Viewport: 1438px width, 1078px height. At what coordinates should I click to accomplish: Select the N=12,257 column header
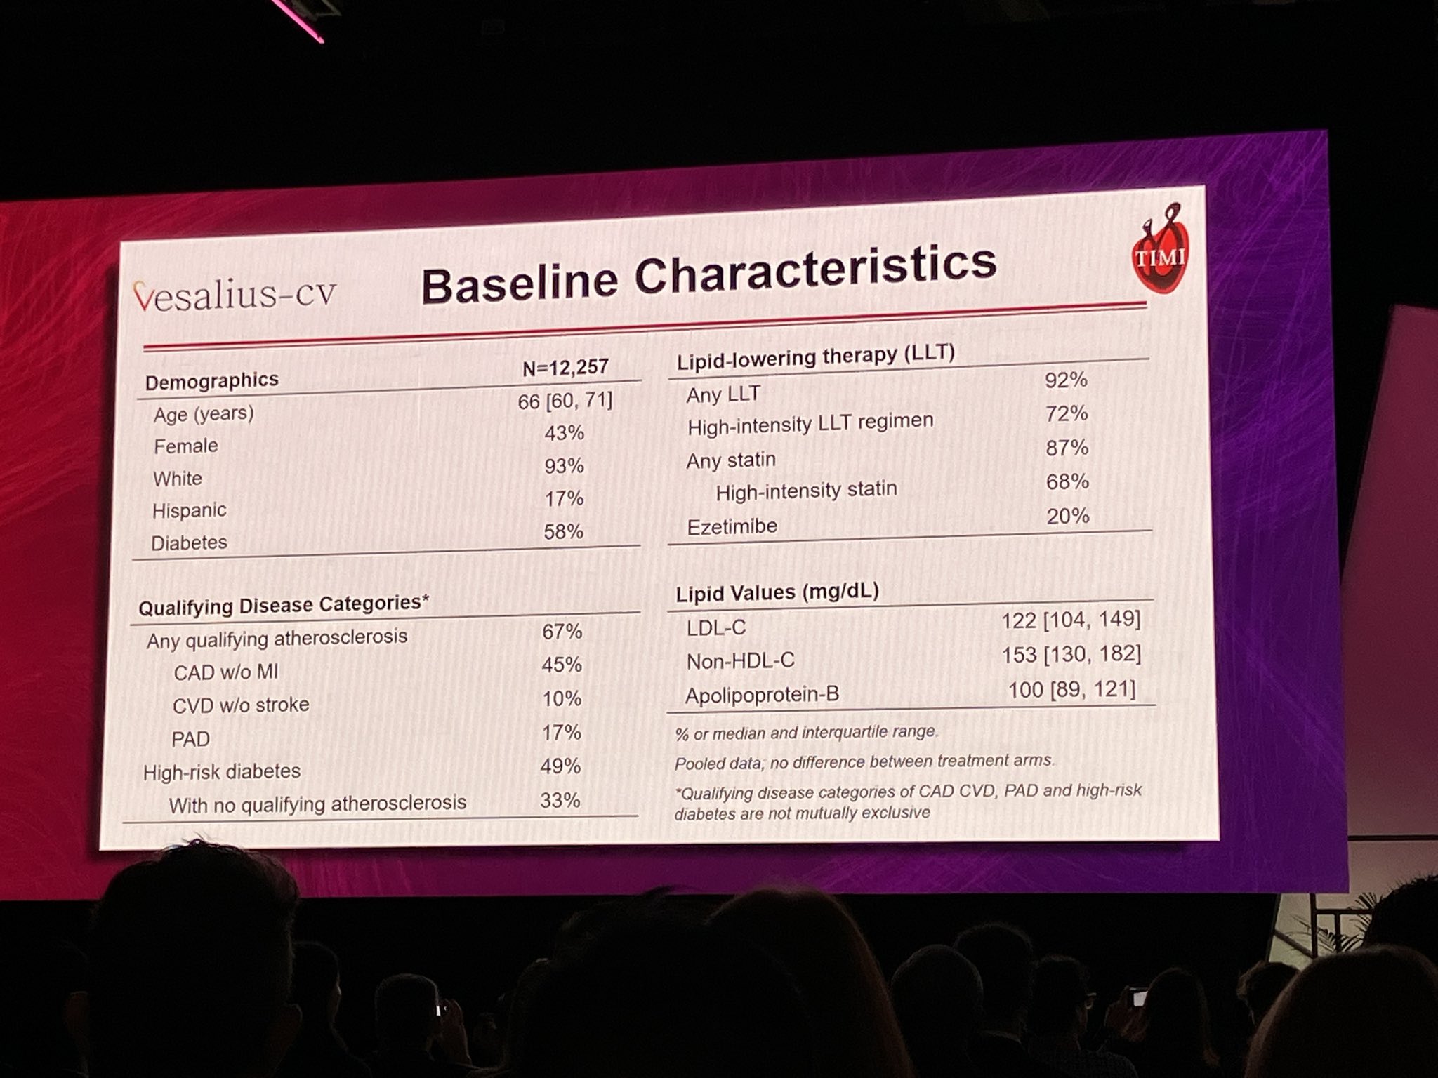coord(565,367)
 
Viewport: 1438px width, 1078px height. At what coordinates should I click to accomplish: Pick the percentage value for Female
coord(564,433)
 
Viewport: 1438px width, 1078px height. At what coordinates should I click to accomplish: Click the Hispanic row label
coord(189,510)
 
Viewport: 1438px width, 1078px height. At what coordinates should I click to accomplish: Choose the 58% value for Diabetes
coord(563,532)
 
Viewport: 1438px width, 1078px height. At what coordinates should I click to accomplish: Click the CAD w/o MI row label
coord(225,672)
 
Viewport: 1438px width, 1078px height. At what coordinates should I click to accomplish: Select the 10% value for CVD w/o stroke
coord(561,699)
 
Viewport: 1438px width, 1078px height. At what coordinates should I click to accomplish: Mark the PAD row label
coord(190,739)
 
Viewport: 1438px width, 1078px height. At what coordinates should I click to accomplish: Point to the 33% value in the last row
coord(560,801)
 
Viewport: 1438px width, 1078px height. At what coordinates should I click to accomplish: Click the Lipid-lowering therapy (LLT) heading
coord(815,357)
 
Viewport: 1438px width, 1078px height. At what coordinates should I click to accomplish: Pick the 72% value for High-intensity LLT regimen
coord(1066,414)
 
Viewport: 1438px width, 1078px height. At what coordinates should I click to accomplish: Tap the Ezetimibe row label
coord(732,526)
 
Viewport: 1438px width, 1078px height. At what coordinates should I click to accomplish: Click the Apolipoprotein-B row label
coord(762,696)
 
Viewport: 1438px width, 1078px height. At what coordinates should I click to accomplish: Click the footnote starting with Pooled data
coord(864,762)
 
